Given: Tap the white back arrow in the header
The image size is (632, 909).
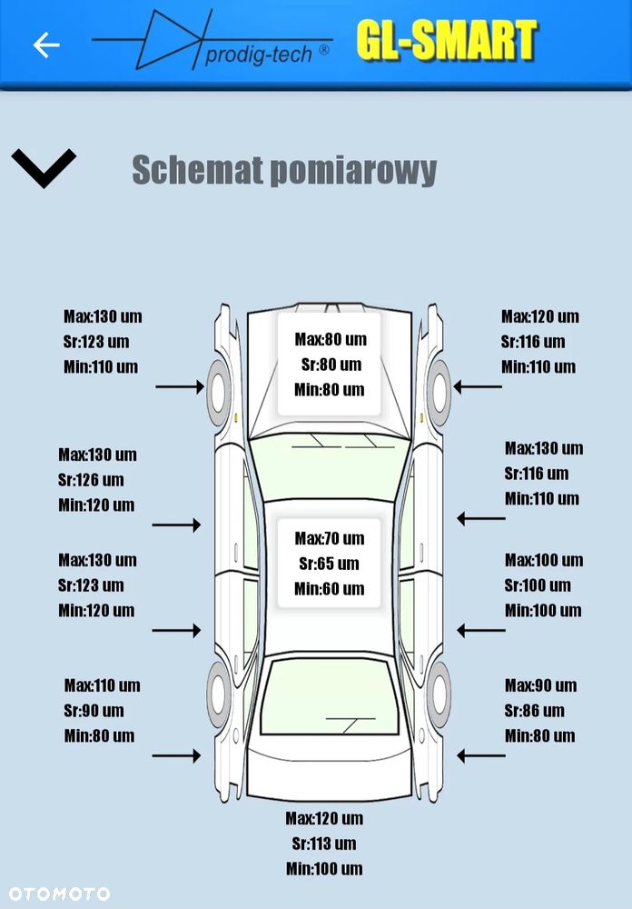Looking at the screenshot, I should click(x=46, y=45).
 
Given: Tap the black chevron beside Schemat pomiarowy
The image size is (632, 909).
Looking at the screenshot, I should click(x=44, y=168).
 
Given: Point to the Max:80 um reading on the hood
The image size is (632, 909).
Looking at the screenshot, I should click(x=331, y=339).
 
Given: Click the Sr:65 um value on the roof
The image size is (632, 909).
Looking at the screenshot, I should click(x=329, y=564).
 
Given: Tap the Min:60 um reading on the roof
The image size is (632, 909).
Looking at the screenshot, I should click(x=329, y=589).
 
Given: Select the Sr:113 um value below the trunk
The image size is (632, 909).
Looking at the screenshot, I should click(x=324, y=844).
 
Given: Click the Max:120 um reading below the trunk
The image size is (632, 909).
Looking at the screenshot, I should click(x=324, y=818).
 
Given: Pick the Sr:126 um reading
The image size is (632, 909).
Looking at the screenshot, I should click(x=91, y=480).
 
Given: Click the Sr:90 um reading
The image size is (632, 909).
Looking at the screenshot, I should click(x=94, y=711).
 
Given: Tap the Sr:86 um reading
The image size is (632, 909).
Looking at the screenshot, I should click(x=534, y=711).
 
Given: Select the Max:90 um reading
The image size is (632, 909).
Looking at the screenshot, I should click(x=540, y=685).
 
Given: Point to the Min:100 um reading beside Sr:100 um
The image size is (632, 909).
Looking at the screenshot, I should click(x=543, y=611).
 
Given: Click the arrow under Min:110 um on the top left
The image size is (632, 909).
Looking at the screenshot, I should click(x=179, y=387).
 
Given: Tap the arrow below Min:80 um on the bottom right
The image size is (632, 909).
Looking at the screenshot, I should click(x=480, y=755).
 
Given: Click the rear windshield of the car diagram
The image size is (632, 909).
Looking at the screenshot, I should click(x=329, y=695).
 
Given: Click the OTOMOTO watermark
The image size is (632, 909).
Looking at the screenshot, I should click(x=56, y=894).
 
